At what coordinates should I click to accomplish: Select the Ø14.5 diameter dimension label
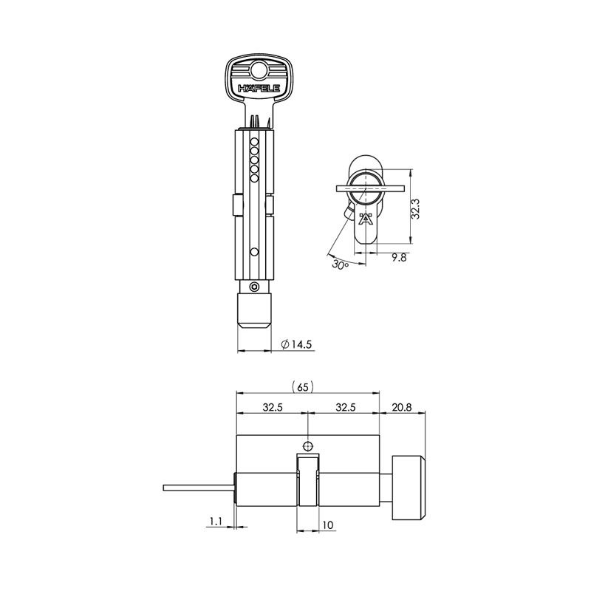coord(298,344)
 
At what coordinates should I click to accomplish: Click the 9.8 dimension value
coord(397,259)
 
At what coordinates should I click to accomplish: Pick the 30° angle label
coord(339,264)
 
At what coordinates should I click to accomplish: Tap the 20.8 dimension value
coord(403,407)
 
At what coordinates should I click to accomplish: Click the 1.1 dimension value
coord(216,522)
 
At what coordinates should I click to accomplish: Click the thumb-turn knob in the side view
coord(409,488)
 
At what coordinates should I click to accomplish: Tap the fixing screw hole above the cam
coord(308,445)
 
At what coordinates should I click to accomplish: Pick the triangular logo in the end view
coord(364,220)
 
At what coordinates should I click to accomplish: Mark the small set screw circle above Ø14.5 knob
coord(254,287)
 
